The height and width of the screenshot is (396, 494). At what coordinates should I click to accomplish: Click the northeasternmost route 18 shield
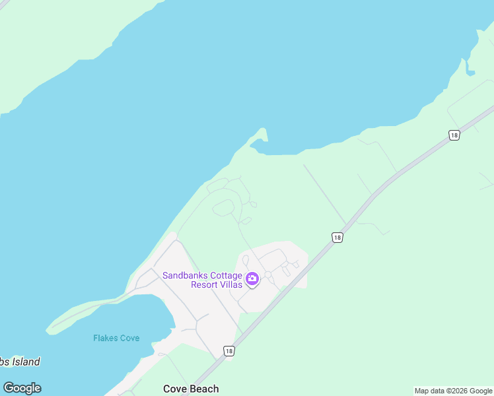454,135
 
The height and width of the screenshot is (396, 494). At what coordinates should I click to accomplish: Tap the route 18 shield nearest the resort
337,237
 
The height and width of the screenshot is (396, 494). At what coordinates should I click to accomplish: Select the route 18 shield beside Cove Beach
229,351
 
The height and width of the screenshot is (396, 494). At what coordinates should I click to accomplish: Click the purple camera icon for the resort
252,279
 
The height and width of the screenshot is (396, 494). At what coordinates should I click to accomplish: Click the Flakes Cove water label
116,338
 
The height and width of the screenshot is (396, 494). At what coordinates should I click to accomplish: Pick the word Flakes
104,338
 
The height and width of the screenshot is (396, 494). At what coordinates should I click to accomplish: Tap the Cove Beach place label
191,389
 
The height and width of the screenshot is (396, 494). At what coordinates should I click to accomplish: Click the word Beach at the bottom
204,389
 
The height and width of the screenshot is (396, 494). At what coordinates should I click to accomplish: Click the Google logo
22,388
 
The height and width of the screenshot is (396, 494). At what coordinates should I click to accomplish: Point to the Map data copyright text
453,391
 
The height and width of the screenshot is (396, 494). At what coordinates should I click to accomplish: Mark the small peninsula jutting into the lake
261,137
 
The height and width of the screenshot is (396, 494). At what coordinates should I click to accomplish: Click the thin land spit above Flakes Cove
86,312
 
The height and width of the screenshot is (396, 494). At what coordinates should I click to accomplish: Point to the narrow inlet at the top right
471,56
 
